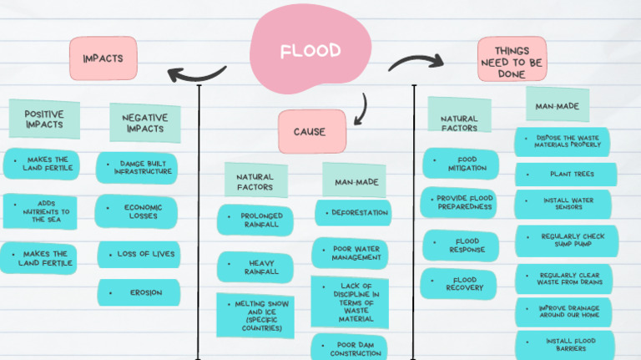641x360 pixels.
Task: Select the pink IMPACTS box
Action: (x=103, y=58)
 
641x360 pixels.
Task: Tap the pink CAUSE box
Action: (x=310, y=132)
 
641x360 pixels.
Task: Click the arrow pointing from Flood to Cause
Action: (x=360, y=109)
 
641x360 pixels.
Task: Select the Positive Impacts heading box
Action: (x=44, y=119)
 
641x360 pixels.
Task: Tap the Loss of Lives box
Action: (x=139, y=254)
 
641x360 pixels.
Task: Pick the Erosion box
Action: (x=139, y=292)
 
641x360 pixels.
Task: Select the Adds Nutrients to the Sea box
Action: (x=40, y=211)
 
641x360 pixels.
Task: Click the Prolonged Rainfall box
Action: (x=255, y=220)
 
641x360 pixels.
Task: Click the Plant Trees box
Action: (x=566, y=175)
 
